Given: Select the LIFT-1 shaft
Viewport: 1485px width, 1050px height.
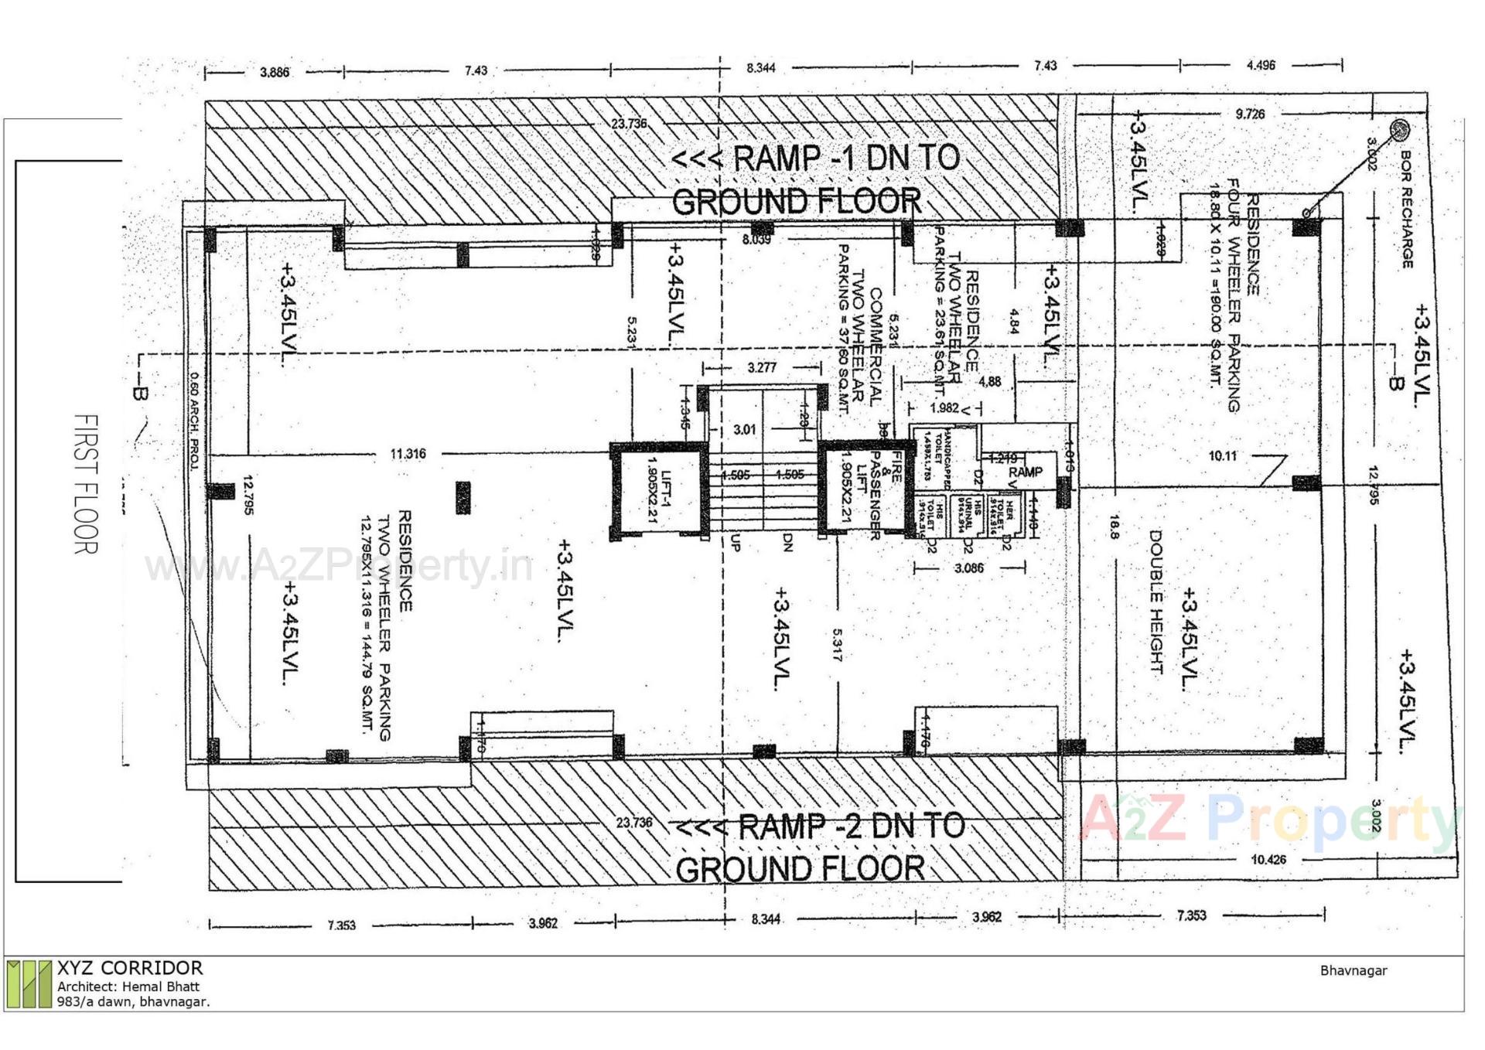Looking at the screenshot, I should click(659, 489).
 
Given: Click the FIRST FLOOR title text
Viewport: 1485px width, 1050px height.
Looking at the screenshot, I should click(86, 484).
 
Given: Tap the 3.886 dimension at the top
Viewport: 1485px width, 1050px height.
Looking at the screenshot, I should click(275, 73).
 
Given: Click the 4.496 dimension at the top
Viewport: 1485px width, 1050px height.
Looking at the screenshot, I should click(1261, 66).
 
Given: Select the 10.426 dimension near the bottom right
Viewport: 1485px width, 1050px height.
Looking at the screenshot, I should click(1268, 859).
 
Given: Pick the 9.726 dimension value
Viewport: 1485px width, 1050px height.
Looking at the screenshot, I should click(1250, 114).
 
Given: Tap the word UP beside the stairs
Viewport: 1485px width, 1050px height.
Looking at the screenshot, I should click(735, 544).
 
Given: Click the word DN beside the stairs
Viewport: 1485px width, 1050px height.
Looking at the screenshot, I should click(787, 544).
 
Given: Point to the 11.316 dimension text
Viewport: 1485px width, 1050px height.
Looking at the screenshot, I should click(408, 454).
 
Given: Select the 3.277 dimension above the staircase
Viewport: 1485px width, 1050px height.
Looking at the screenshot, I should click(762, 367).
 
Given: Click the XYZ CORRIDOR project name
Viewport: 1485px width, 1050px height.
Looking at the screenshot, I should click(130, 968).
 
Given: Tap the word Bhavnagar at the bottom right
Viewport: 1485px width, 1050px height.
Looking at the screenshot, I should click(1354, 970).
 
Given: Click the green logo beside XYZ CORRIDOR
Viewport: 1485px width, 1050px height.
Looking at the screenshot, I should click(29, 984).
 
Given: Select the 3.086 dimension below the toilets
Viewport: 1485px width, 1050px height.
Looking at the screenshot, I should click(968, 568).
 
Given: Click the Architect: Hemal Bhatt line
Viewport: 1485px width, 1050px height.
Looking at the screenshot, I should click(128, 987).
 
